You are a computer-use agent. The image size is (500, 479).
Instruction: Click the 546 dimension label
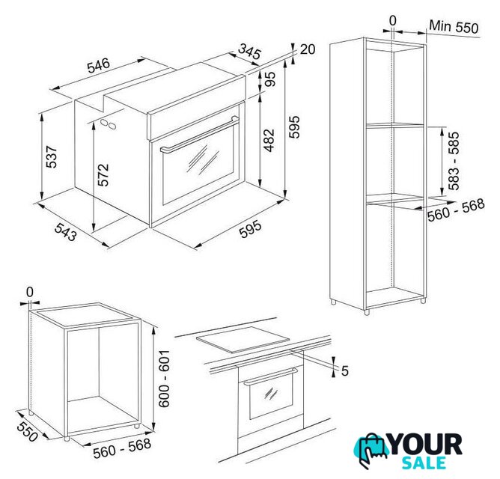99,65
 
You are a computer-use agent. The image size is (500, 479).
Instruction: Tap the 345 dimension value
250,51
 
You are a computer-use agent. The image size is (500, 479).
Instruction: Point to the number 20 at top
308,49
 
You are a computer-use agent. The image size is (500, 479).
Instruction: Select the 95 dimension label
269,79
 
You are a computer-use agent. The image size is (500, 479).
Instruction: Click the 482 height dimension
269,140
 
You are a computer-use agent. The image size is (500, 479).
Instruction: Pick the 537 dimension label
52,156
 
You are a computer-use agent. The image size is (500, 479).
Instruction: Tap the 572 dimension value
103,175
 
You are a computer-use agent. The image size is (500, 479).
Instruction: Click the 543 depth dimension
66,231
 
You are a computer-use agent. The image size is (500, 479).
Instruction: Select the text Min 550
454,26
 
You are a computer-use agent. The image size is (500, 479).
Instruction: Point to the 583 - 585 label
454,161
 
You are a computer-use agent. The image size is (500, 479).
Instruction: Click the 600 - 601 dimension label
164,379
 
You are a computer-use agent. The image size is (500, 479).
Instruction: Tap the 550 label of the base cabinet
27,432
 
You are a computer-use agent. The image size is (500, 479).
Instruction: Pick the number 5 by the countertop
345,371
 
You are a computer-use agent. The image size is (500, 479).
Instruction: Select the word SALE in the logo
424,463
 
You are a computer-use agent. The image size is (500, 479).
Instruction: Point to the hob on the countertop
243,339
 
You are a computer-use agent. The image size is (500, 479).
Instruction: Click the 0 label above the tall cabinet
393,21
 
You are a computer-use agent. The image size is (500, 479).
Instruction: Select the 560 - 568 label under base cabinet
122,448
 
